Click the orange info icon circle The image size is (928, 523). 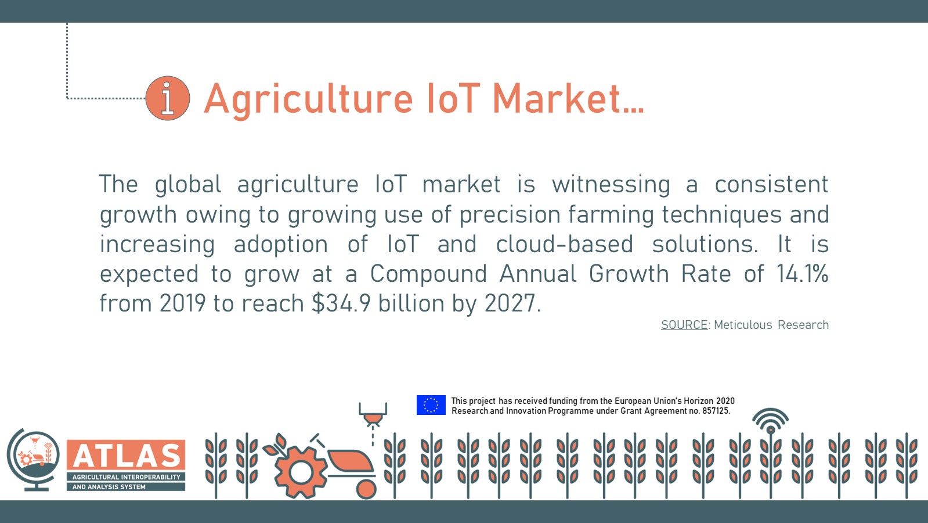[168, 98]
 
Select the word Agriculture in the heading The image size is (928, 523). [309, 99]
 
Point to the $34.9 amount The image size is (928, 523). [341, 303]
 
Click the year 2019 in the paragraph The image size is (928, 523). [183, 303]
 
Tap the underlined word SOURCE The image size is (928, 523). [684, 325]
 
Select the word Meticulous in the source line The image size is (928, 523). [743, 325]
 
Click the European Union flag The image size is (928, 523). [431, 405]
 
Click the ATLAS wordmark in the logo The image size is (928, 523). [126, 456]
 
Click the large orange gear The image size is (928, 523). [300, 472]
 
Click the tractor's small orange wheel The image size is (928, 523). [366, 489]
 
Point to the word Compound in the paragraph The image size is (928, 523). [428, 274]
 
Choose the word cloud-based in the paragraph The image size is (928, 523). [564, 244]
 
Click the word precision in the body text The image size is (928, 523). [509, 214]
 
